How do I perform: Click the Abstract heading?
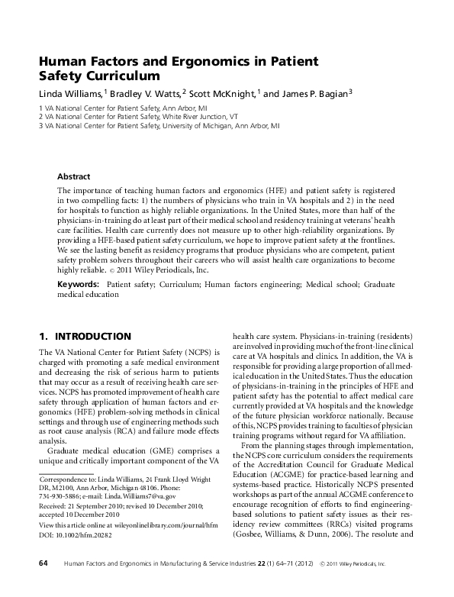(74, 176)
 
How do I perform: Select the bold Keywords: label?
(79, 283)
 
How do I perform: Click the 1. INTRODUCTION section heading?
(85, 337)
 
